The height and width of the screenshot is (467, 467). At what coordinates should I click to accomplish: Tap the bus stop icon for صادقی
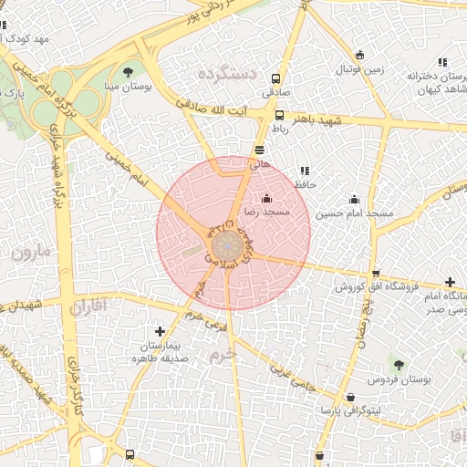(x=276, y=78)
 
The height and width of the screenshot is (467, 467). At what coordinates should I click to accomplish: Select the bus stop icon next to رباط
(x=279, y=116)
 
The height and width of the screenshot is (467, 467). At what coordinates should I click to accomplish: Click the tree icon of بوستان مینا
(x=127, y=72)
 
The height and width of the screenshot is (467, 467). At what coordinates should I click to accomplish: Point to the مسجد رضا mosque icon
(x=266, y=198)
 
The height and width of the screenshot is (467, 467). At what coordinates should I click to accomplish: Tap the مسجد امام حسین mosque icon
(x=355, y=200)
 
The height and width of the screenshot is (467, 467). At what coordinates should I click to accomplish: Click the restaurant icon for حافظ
(x=305, y=171)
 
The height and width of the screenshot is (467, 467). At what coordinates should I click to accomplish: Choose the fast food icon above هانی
(x=260, y=150)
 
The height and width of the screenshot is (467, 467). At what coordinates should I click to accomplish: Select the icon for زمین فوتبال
(x=359, y=55)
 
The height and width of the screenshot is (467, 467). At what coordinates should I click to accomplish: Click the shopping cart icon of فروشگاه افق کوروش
(x=376, y=273)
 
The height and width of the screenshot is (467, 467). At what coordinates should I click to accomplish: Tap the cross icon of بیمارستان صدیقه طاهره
(x=161, y=331)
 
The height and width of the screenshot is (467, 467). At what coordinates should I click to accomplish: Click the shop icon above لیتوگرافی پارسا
(x=352, y=397)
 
